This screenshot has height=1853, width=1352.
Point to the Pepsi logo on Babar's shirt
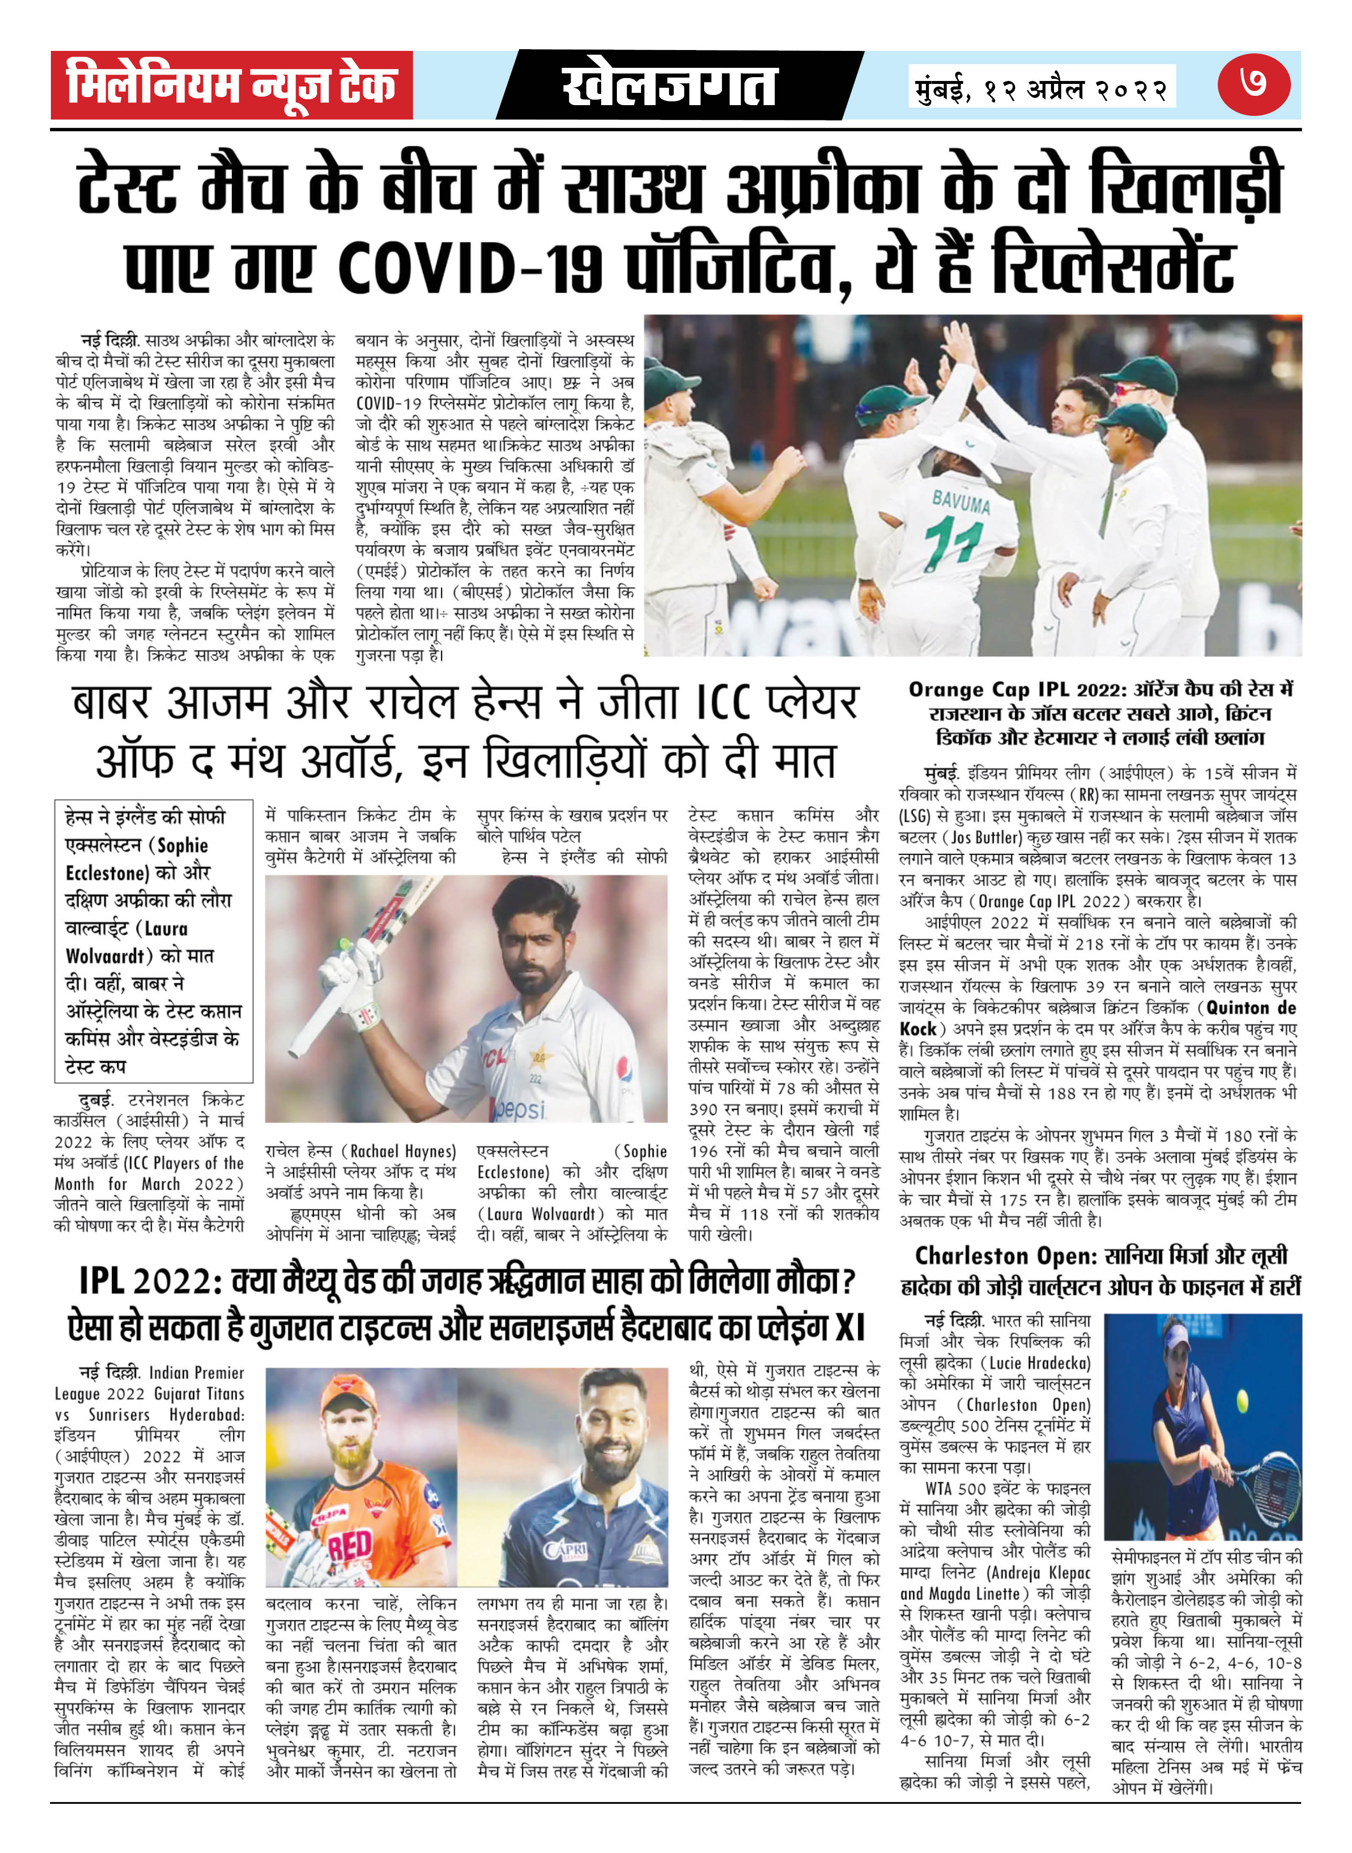pyautogui.click(x=520, y=1109)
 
